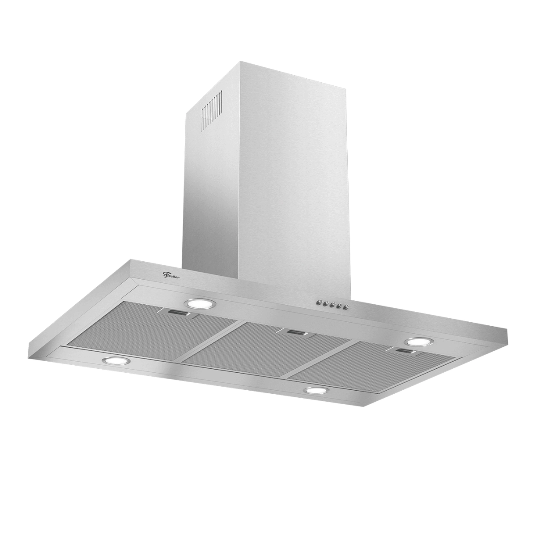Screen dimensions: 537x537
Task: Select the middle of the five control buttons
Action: [330, 305]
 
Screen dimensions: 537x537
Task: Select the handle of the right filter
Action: [404, 352]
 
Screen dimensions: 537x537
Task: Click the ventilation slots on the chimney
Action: [211, 107]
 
